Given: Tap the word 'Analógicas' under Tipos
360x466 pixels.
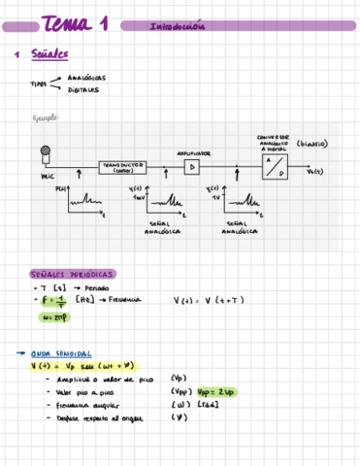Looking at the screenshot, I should coord(87,77).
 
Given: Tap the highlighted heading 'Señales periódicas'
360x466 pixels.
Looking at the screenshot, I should coord(73,275).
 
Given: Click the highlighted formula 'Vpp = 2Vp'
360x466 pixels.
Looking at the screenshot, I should coord(213,392).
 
